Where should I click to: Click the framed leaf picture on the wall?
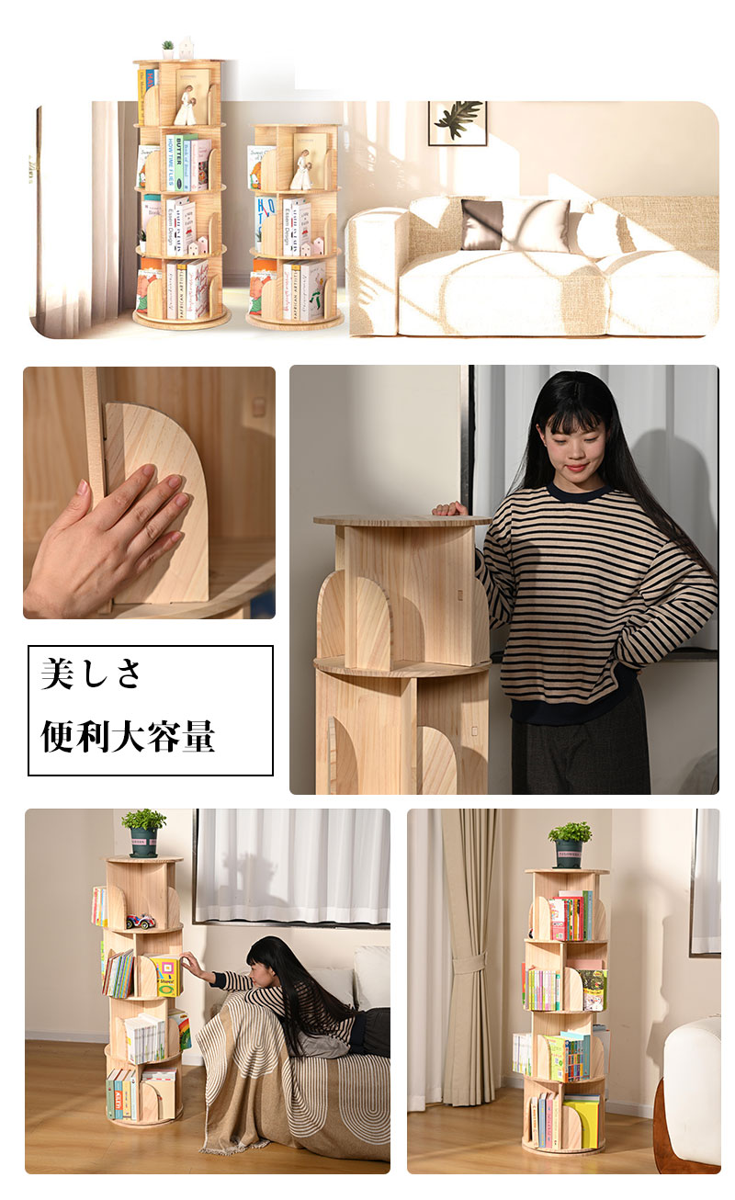[457, 122]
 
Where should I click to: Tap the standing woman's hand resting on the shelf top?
[451, 508]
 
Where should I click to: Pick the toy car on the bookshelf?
[140, 921]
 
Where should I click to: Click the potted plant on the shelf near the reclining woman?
[143, 831]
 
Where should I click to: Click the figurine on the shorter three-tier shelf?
[301, 171]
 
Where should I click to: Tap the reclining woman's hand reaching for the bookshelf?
[187, 962]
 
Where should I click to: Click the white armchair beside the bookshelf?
[694, 1093]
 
